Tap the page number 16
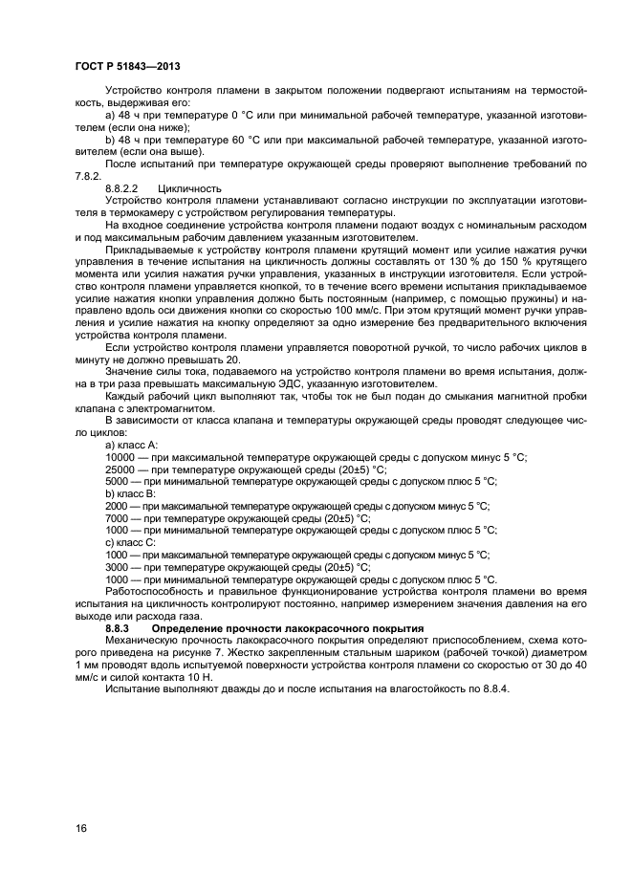81,828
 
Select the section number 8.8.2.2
123,189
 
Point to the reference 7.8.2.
88,177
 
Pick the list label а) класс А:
132,445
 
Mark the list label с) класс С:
132,542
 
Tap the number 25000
121,469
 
